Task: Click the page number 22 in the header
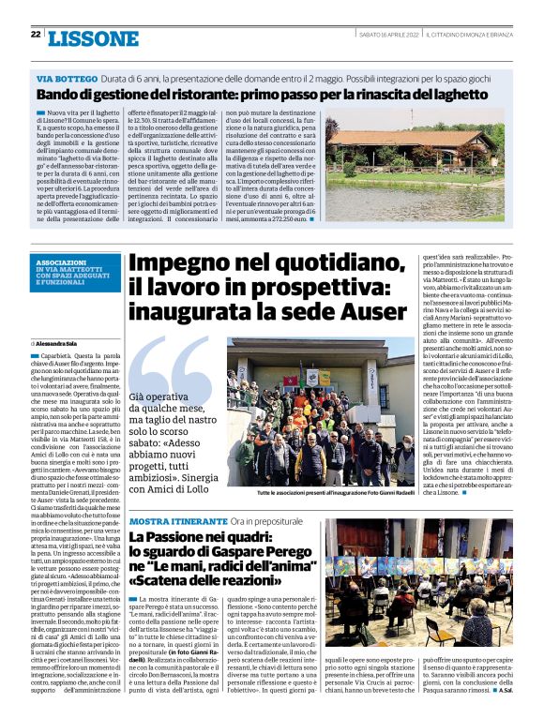[35, 34]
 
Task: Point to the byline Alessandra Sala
[58, 345]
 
